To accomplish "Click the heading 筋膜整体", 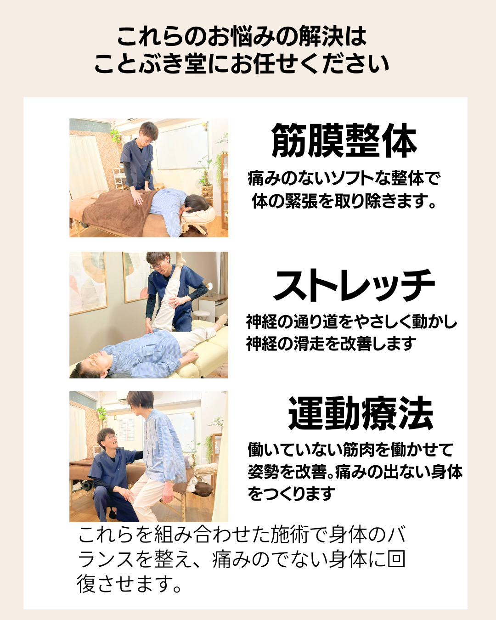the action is pos(344,141).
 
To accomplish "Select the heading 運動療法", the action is pos(361,413).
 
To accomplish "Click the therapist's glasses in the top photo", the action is pos(149,141).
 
